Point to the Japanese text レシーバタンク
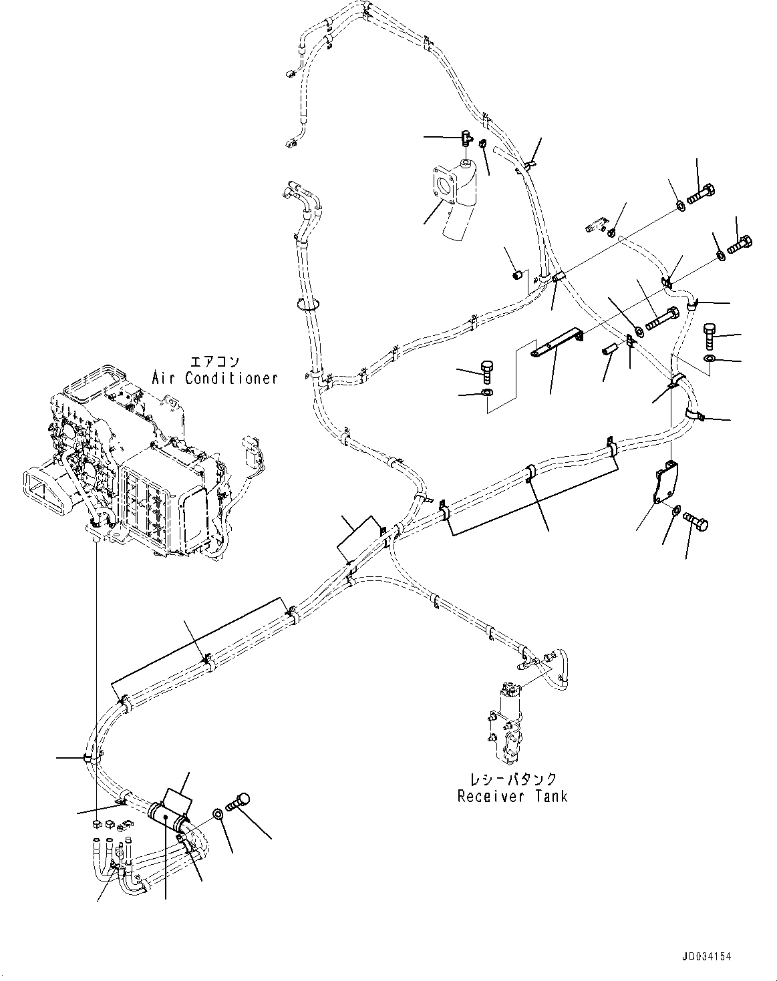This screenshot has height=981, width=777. [512, 779]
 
